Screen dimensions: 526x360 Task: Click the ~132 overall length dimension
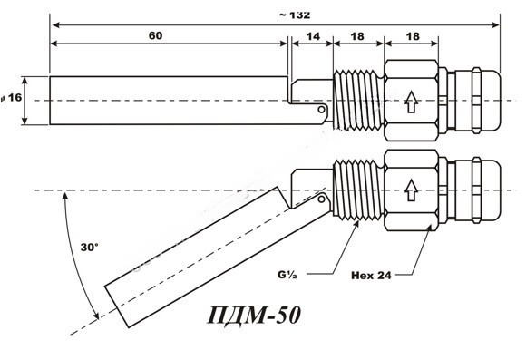click(x=295, y=15)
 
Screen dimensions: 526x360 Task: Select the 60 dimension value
click(x=155, y=35)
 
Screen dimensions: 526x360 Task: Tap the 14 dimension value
click(x=313, y=36)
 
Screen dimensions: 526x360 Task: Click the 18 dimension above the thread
click(x=357, y=36)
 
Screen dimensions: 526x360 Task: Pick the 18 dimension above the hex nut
click(x=413, y=36)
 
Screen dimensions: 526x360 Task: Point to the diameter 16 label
click(x=11, y=98)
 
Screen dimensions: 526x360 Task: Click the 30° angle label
click(x=89, y=248)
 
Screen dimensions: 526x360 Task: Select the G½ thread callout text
click(x=287, y=275)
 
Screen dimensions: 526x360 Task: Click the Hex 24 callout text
click(x=371, y=276)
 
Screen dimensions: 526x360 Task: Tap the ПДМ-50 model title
click(x=254, y=316)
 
